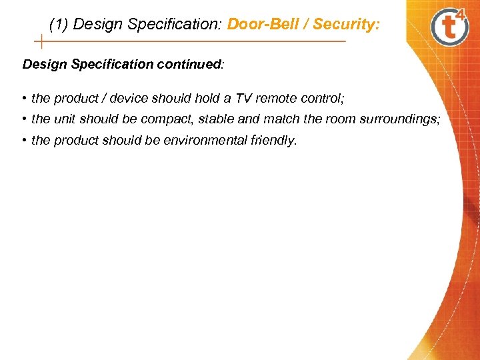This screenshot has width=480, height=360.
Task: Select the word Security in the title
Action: (345, 25)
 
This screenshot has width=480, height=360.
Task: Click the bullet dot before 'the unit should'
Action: (24, 119)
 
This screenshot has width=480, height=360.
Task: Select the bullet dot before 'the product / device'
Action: (24, 99)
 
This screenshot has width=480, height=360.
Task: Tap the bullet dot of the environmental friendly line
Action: (24, 141)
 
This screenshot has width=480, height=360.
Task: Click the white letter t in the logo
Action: (449, 29)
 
